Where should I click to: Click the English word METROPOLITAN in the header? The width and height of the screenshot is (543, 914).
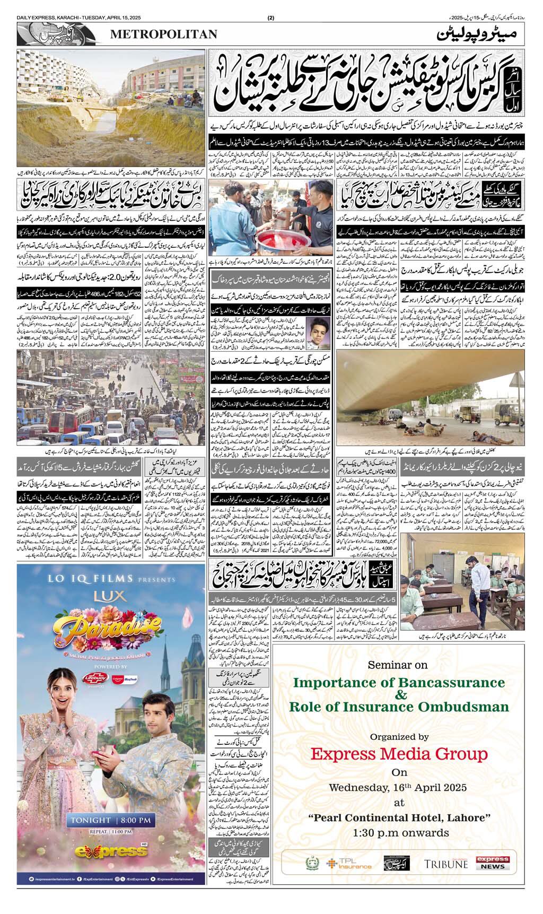coord(164,34)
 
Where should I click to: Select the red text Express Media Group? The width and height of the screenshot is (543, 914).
coord(399,753)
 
